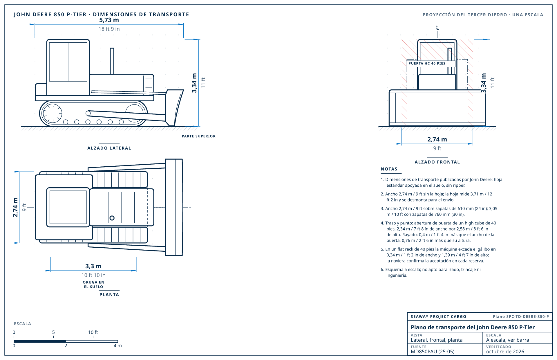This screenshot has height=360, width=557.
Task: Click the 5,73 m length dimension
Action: coord(109,20)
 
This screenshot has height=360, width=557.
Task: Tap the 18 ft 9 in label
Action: coord(109,29)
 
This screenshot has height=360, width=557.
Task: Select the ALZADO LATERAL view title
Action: coord(109,148)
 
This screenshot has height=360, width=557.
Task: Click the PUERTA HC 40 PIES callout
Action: coord(427,63)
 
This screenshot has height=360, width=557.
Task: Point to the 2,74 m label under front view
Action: coord(437,139)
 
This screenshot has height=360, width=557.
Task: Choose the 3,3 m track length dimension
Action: coord(93,266)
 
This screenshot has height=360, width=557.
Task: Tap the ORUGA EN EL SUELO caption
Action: coord(93,285)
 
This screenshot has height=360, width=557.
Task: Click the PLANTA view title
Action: coord(109,295)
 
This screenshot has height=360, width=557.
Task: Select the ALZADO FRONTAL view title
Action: coord(437,162)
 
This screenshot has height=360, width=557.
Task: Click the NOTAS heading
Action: coord(389,169)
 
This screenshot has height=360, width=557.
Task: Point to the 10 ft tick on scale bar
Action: coord(93,336)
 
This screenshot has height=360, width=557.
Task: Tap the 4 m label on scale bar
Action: coord(117,346)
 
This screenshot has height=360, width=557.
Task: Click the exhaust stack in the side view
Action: coord(112,61)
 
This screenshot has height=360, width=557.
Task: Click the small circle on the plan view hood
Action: coord(112,218)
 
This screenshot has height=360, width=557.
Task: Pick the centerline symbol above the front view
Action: coord(437,28)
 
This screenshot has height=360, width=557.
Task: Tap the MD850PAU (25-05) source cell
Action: coord(433,352)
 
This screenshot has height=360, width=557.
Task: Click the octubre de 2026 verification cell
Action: coord(505,352)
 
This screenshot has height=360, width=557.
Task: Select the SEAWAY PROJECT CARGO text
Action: coord(438,317)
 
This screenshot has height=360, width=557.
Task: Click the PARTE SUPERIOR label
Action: coord(199,136)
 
